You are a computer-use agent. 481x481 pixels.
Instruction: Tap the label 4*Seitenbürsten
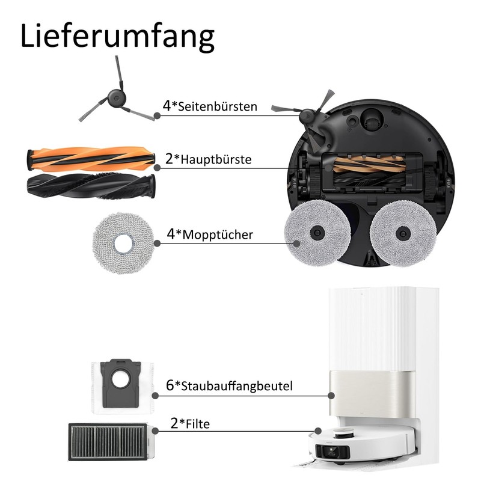pyautogui.click(x=210, y=106)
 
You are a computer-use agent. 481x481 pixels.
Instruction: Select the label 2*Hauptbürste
pyautogui.click(x=208, y=159)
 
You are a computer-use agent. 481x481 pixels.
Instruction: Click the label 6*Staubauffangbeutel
pyautogui.click(x=229, y=385)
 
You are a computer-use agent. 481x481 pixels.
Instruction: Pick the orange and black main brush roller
pyautogui.click(x=90, y=159)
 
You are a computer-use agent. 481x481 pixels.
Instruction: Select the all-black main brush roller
pyautogui.click(x=91, y=186)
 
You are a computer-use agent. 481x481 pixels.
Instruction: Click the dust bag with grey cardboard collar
pyautogui.click(x=121, y=385)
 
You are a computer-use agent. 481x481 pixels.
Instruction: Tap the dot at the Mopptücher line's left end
pyautogui.click(x=157, y=243)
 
